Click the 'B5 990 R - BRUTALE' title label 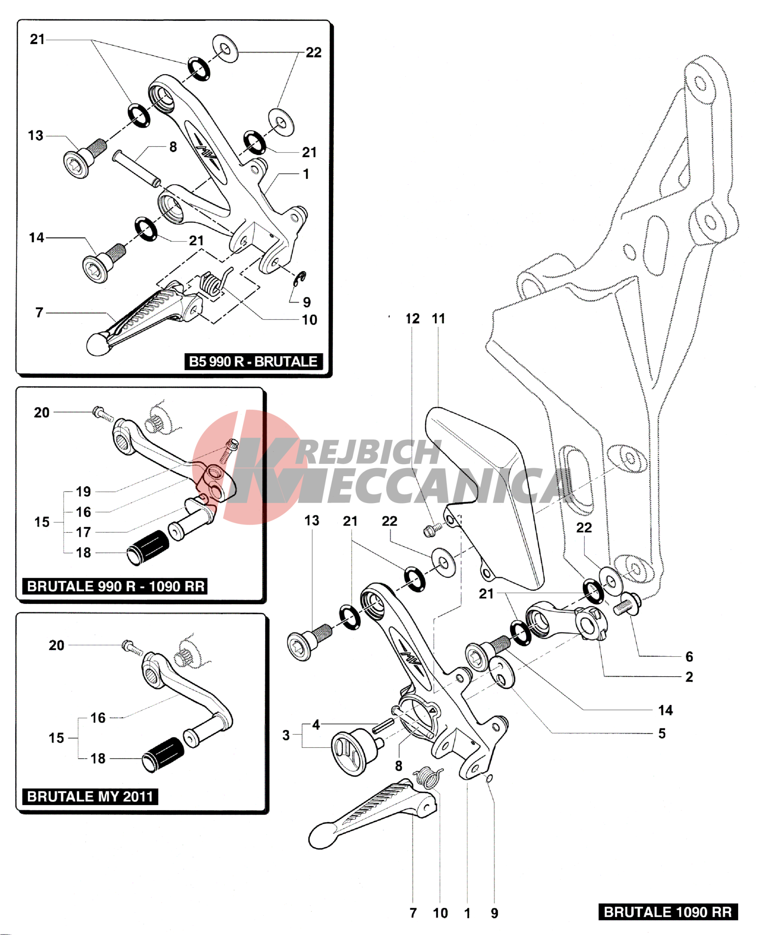[x=253, y=362]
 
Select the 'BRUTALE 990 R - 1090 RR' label [x=115, y=586]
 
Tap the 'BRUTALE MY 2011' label [x=90, y=796]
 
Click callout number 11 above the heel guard [x=438, y=318]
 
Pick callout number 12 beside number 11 [x=412, y=318]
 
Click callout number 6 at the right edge [x=689, y=656]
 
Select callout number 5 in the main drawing [x=662, y=733]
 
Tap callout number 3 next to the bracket [x=286, y=735]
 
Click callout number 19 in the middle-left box [x=83, y=492]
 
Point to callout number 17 [x=83, y=532]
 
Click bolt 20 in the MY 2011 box [x=132, y=648]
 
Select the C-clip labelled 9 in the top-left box [x=301, y=278]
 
